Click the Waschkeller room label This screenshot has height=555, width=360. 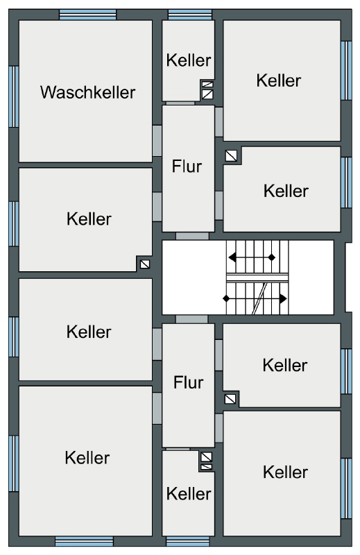point(87,92)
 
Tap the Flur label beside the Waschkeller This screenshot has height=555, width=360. point(187,166)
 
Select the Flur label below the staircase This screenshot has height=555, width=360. point(188,382)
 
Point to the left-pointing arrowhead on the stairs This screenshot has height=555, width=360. point(232,257)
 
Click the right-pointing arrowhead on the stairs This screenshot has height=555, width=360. point(283,299)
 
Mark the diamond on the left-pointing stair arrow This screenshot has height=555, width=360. point(271,257)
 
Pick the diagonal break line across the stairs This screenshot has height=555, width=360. point(260,298)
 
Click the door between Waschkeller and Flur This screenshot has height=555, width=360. point(157,141)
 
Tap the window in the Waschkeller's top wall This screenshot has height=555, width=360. point(88,15)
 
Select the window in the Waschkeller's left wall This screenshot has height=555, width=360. point(14,96)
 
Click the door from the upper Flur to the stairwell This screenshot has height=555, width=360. point(192,236)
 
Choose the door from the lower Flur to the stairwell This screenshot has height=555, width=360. point(191,319)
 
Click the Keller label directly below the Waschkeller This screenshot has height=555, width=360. point(89,219)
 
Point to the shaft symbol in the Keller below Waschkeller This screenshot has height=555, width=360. point(145,264)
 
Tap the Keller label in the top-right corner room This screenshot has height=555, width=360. point(279,80)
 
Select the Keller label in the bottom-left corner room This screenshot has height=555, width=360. point(87,458)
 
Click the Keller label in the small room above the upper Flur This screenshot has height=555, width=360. point(189,60)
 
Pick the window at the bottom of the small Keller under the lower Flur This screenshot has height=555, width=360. point(187,541)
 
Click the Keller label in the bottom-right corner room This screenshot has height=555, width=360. point(285,472)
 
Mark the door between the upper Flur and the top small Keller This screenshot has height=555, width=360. point(180,103)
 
